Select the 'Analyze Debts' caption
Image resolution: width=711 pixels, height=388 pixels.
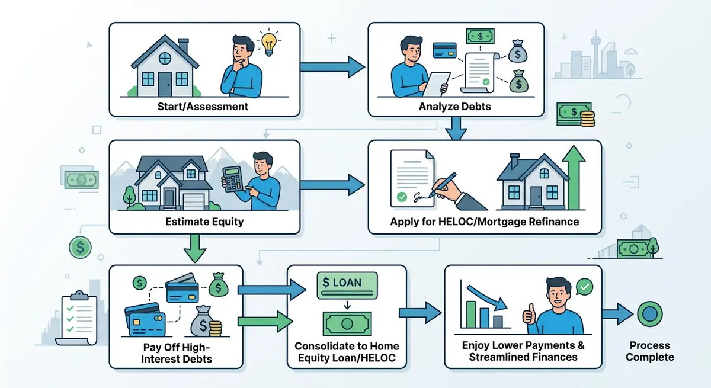pos(456,107)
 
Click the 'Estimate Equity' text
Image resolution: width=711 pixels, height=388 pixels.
pos(203,223)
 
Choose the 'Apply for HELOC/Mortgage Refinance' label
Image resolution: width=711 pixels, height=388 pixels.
pos(485,223)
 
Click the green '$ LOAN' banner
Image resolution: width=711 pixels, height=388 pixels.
pos(347,282)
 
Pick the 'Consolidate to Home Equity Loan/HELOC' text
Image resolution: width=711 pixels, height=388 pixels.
pos(347,352)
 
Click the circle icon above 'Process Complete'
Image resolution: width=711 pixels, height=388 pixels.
pos(649,313)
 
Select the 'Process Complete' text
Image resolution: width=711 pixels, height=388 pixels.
pos(650,351)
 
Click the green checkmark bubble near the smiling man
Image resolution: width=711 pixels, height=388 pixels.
pos(584,287)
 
